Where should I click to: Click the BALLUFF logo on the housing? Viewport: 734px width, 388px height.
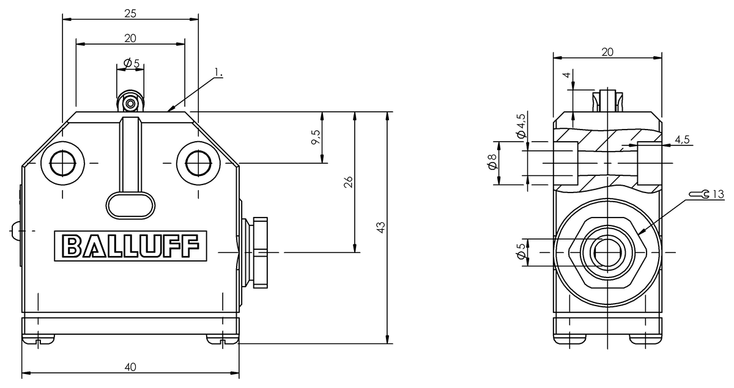[130, 246]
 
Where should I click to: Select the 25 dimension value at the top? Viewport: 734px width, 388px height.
[130, 14]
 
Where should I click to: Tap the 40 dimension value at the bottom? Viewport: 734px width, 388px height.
[130, 367]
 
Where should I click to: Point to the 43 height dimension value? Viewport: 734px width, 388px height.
[380, 227]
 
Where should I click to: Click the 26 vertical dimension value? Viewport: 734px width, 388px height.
[348, 182]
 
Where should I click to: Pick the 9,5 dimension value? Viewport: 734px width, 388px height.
[316, 137]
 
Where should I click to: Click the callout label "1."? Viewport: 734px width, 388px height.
[218, 72]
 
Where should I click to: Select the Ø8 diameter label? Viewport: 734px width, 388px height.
[492, 162]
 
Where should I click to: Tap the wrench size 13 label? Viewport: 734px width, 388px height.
[718, 194]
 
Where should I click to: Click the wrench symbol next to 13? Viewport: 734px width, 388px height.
[699, 194]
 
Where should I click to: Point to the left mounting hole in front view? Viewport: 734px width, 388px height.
[62, 163]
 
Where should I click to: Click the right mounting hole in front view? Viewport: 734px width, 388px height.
[198, 163]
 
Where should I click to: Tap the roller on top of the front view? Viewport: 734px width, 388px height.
[130, 101]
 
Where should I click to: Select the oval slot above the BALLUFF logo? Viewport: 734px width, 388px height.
[130, 205]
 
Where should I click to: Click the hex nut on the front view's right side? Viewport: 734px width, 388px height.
[260, 252]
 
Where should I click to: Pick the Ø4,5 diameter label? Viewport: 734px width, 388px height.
[521, 126]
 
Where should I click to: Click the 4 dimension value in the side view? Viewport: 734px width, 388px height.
[566, 75]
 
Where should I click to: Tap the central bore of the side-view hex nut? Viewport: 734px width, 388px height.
[607, 252]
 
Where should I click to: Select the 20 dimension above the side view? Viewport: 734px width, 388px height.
[607, 52]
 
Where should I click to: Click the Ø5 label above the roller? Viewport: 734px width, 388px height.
[132, 63]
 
